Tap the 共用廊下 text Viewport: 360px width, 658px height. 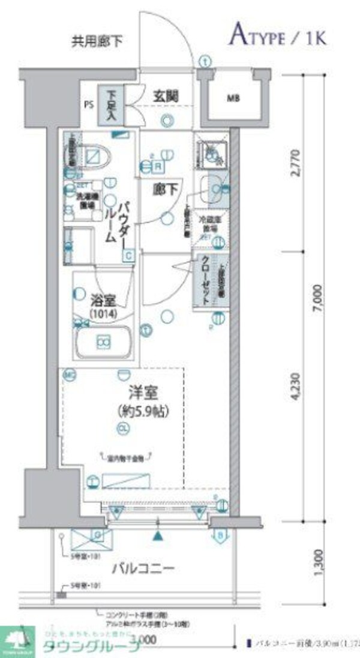(x=97, y=41)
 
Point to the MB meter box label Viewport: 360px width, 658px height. (x=233, y=98)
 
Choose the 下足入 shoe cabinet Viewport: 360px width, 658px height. (x=112, y=106)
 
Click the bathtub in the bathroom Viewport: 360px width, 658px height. (x=104, y=343)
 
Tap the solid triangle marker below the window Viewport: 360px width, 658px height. (x=157, y=536)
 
